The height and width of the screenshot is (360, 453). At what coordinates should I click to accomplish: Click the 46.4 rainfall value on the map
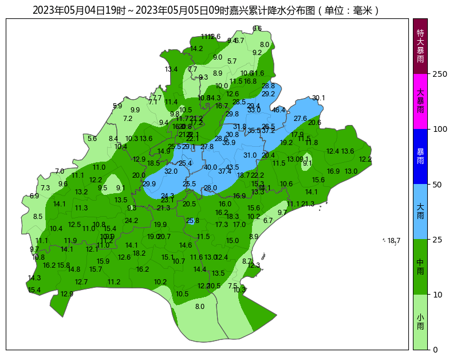pos(279,110)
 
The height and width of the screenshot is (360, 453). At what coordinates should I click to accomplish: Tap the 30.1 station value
pos(318,98)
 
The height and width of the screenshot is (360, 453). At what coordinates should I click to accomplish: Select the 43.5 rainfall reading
pos(233,167)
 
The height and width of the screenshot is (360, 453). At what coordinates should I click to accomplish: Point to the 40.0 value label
pos(210,167)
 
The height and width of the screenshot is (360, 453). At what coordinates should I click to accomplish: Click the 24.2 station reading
pos(132,221)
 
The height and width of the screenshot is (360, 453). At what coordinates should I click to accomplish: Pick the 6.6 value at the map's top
pos(257,29)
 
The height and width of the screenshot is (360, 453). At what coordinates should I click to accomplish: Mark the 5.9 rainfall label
pos(117,106)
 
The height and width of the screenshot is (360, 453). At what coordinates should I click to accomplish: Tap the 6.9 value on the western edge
pos(34,196)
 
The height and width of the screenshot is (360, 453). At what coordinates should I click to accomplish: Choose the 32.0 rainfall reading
pos(171,171)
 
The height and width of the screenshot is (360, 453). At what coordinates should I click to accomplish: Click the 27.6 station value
pos(301,119)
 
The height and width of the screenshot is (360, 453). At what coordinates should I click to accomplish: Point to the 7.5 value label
pos(233,286)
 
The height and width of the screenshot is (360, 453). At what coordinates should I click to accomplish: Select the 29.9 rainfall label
pos(149,184)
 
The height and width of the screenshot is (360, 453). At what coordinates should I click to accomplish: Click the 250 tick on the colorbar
pos(440,74)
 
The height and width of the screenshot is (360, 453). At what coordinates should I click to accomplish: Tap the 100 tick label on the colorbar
pos(440,129)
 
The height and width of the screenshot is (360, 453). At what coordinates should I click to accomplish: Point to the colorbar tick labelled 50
pos(438,185)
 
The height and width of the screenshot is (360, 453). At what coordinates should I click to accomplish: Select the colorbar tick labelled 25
pos(438,240)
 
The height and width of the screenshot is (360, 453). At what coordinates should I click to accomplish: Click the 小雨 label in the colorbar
pos(420,322)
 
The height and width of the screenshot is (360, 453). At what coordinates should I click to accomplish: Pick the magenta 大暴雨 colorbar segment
pos(420,101)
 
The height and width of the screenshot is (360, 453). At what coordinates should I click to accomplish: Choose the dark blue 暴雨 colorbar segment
pos(420,156)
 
